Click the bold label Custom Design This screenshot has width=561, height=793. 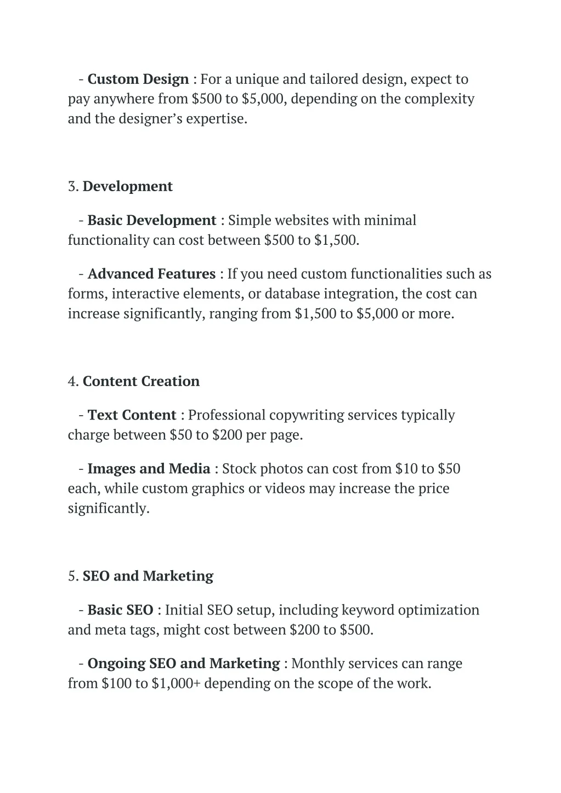[x=138, y=79]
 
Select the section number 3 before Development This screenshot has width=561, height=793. [x=73, y=187]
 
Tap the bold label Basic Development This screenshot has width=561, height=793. [x=152, y=221]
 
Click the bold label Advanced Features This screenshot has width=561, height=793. [x=152, y=274]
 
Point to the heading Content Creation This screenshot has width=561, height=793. [x=141, y=382]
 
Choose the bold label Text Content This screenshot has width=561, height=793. [x=132, y=416]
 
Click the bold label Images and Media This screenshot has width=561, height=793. [x=149, y=469]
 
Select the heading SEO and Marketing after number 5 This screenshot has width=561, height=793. [x=148, y=577]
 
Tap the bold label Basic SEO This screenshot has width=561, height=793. [x=121, y=611]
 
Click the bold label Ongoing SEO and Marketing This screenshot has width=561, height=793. [x=184, y=664]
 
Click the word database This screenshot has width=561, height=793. [x=292, y=294]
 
